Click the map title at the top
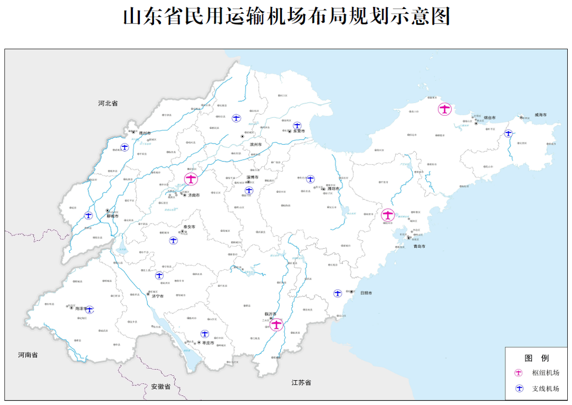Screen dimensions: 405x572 click(286, 16)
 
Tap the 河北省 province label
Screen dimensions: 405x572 click(108, 103)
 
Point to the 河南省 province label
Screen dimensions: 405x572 click(28, 355)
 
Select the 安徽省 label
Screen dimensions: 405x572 click(160, 386)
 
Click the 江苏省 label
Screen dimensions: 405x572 click(301, 382)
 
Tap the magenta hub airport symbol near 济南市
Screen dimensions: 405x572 click(191, 179)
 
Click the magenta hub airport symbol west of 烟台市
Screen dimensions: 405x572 click(445, 110)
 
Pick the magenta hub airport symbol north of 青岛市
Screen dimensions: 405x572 click(388, 215)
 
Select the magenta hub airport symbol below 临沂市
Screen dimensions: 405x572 click(276, 325)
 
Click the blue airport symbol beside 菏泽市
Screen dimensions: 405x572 click(90, 310)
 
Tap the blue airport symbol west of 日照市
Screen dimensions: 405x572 click(337, 293)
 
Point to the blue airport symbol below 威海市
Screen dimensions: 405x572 click(508, 134)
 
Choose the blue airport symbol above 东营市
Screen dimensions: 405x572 click(298, 126)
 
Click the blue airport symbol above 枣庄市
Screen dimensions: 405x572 click(204, 334)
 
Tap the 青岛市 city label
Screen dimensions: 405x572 click(419, 246)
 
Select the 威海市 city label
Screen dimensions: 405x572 click(540, 115)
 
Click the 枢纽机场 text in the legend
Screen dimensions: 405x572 click(546, 373)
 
